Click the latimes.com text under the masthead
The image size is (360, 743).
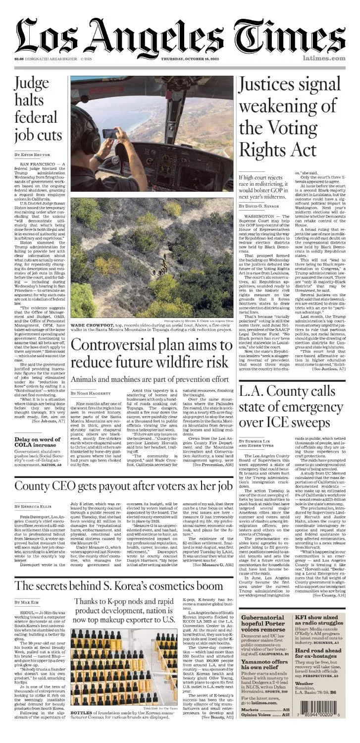tap(324, 58)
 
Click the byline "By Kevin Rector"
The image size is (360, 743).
tap(32, 155)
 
